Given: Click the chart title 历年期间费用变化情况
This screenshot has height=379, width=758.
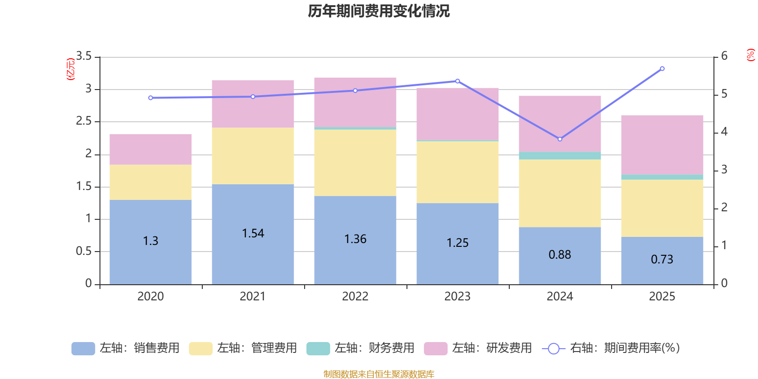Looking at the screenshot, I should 379,11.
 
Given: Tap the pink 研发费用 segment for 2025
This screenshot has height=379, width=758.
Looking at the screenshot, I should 662,144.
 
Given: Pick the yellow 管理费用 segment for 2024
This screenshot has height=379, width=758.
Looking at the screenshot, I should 559,193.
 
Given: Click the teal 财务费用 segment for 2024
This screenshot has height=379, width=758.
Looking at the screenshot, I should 559,155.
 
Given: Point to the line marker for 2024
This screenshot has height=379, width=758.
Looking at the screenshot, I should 559,139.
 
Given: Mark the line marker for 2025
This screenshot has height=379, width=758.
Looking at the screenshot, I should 662,69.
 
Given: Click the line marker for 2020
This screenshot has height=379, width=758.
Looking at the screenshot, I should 151,98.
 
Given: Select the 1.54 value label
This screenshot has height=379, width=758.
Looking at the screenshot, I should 253,233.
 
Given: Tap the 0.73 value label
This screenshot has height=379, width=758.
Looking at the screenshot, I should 662,259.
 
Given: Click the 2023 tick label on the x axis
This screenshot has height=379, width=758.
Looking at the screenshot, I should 457,296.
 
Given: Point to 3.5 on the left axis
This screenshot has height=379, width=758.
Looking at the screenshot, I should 84,56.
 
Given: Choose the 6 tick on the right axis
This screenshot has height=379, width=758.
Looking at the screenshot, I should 724,56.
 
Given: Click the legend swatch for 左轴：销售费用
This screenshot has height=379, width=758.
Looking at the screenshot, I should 83,348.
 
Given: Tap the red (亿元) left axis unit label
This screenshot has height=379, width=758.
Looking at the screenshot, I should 71,69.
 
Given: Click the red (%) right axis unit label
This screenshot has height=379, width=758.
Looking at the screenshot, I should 750,55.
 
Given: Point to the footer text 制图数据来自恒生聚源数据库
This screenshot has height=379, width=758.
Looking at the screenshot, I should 379,374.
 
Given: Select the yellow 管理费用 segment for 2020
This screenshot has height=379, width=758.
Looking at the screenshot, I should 151,182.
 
